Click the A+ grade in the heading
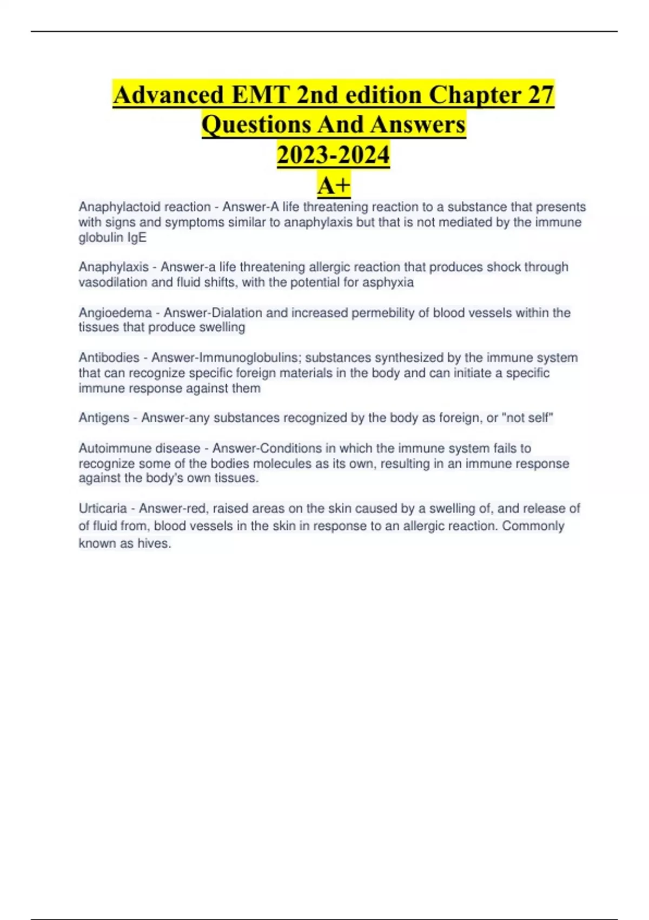tap(334, 186)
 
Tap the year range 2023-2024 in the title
tap(333, 155)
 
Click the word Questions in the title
tap(256, 124)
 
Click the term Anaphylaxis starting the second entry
tap(114, 267)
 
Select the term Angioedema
tap(115, 313)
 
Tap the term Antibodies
tap(109, 358)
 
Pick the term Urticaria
tap(103, 509)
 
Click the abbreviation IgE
tap(137, 238)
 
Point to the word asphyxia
tap(388, 282)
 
